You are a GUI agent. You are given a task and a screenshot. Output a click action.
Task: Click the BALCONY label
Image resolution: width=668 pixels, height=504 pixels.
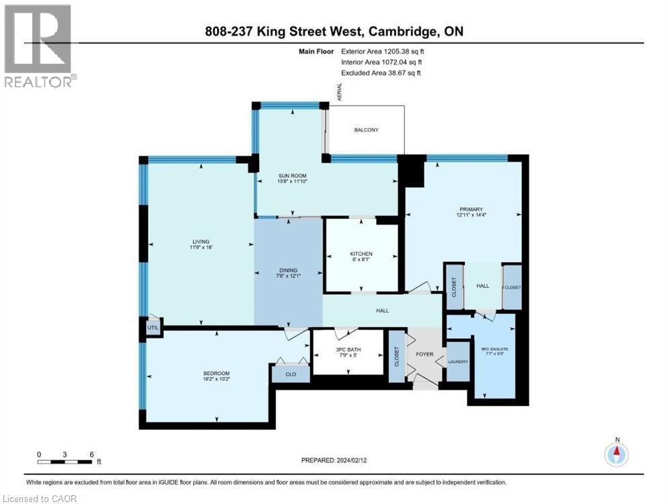366,130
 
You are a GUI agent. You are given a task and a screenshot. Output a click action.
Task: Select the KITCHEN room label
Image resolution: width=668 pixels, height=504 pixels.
361,254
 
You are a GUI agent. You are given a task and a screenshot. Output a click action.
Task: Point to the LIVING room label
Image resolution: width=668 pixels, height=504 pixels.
200,242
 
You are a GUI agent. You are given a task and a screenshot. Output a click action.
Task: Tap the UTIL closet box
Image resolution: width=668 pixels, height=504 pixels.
152,327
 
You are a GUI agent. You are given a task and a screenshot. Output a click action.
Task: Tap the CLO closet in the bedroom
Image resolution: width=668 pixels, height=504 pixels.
291,374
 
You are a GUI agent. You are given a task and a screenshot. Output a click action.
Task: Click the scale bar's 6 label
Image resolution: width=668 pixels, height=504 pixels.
91,454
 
